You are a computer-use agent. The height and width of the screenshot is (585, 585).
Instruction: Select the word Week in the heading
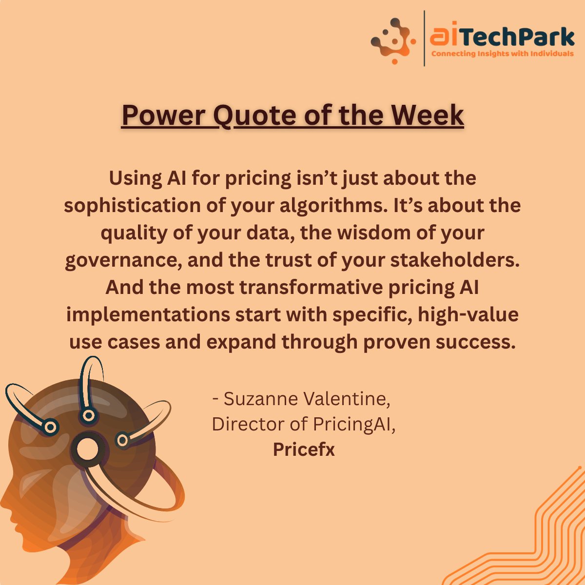point(428,116)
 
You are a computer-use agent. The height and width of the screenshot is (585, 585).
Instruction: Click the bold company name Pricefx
point(304,449)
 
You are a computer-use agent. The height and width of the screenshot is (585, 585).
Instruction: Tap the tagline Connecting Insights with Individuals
point(503,54)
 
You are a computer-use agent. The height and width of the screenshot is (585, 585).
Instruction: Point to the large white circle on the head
point(88,449)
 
